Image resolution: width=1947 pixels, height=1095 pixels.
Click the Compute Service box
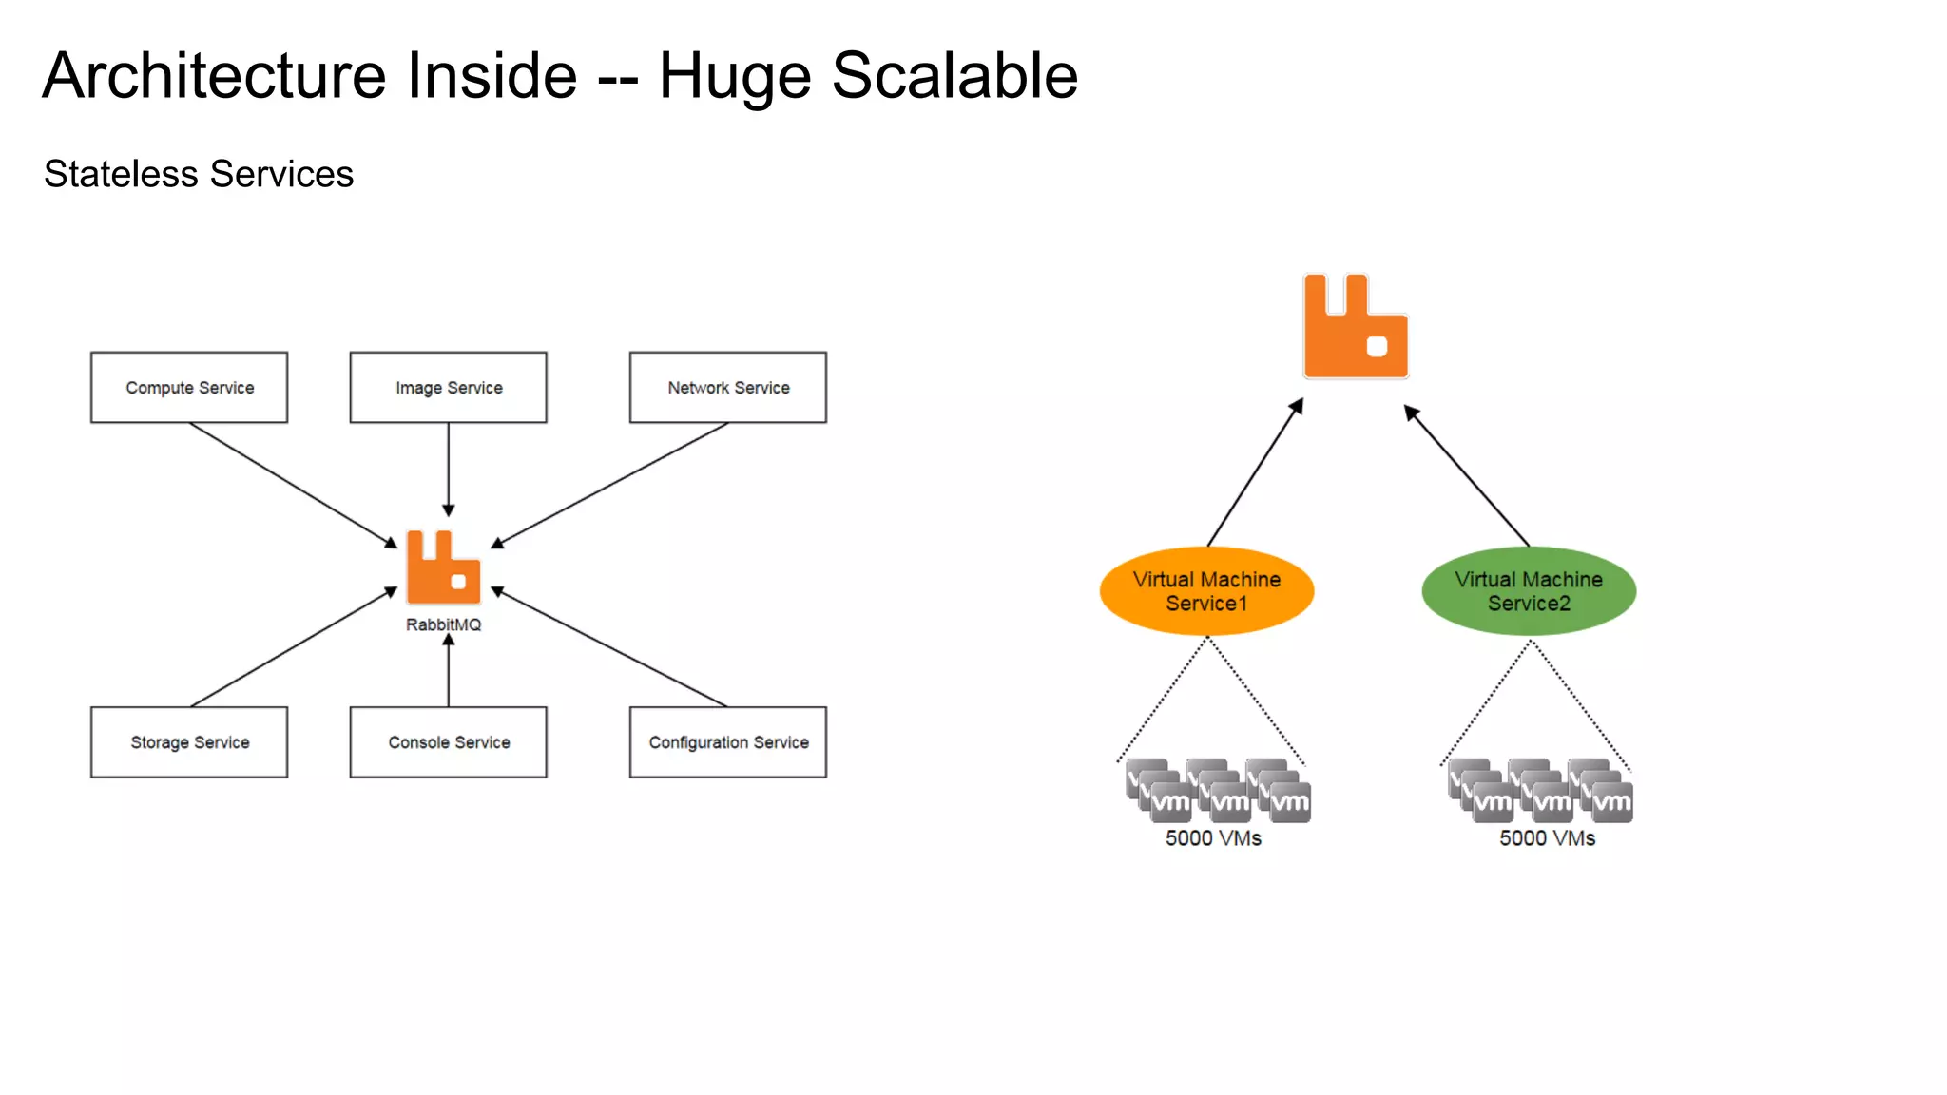(x=189, y=388)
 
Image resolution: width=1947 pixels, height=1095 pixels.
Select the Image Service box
(x=448, y=388)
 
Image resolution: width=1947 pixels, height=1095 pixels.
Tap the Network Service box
(x=727, y=388)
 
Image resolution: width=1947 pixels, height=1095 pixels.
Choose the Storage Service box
(x=189, y=742)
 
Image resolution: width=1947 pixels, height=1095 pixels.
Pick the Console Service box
(x=448, y=742)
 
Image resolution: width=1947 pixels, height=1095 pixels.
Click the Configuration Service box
(x=727, y=742)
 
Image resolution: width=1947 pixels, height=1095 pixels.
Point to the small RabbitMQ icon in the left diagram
(x=443, y=567)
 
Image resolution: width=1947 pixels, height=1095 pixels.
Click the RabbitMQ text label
(x=443, y=624)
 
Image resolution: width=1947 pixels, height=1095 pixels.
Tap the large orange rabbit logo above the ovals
(x=1355, y=327)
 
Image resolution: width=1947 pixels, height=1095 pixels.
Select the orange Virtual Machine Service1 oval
(x=1206, y=591)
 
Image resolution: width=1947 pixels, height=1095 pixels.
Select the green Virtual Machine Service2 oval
(x=1529, y=591)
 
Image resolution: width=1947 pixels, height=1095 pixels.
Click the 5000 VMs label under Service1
(x=1213, y=838)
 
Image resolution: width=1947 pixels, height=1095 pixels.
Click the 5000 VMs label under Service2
(x=1547, y=838)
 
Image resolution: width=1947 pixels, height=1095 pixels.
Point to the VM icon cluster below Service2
(x=1540, y=791)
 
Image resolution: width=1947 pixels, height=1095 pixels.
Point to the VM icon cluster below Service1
(x=1218, y=791)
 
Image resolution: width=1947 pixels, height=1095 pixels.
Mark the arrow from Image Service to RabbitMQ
(x=448, y=471)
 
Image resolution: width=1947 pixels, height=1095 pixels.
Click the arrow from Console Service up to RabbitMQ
(x=448, y=672)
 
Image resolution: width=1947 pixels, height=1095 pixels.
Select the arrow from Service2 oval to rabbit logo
(x=1467, y=476)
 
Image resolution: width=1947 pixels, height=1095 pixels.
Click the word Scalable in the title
(x=954, y=76)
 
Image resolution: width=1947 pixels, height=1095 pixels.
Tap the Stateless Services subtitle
(x=199, y=175)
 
